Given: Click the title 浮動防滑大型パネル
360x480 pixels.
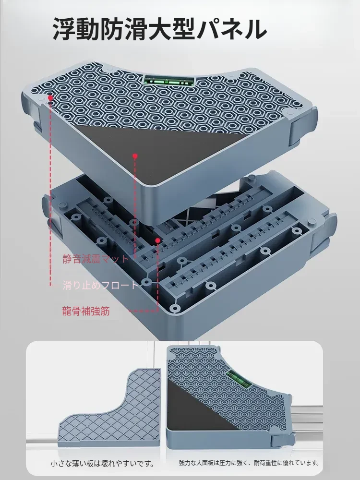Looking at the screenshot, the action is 160,29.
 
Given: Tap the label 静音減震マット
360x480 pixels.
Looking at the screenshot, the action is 96,259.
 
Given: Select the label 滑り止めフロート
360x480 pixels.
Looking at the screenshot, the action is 101,285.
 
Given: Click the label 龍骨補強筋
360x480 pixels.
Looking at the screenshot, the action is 86,311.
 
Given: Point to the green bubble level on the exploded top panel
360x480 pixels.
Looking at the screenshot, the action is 169,81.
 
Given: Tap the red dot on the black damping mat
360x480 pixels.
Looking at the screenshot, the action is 135,156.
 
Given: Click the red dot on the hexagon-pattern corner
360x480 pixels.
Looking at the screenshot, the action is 50,97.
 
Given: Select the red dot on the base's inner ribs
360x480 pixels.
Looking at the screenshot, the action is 157,240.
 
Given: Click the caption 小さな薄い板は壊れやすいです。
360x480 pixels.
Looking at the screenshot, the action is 102,464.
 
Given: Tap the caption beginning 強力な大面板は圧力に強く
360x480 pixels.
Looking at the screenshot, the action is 249,463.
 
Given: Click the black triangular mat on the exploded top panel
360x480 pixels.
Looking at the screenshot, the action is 153,150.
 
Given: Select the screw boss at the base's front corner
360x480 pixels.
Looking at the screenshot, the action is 175,308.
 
